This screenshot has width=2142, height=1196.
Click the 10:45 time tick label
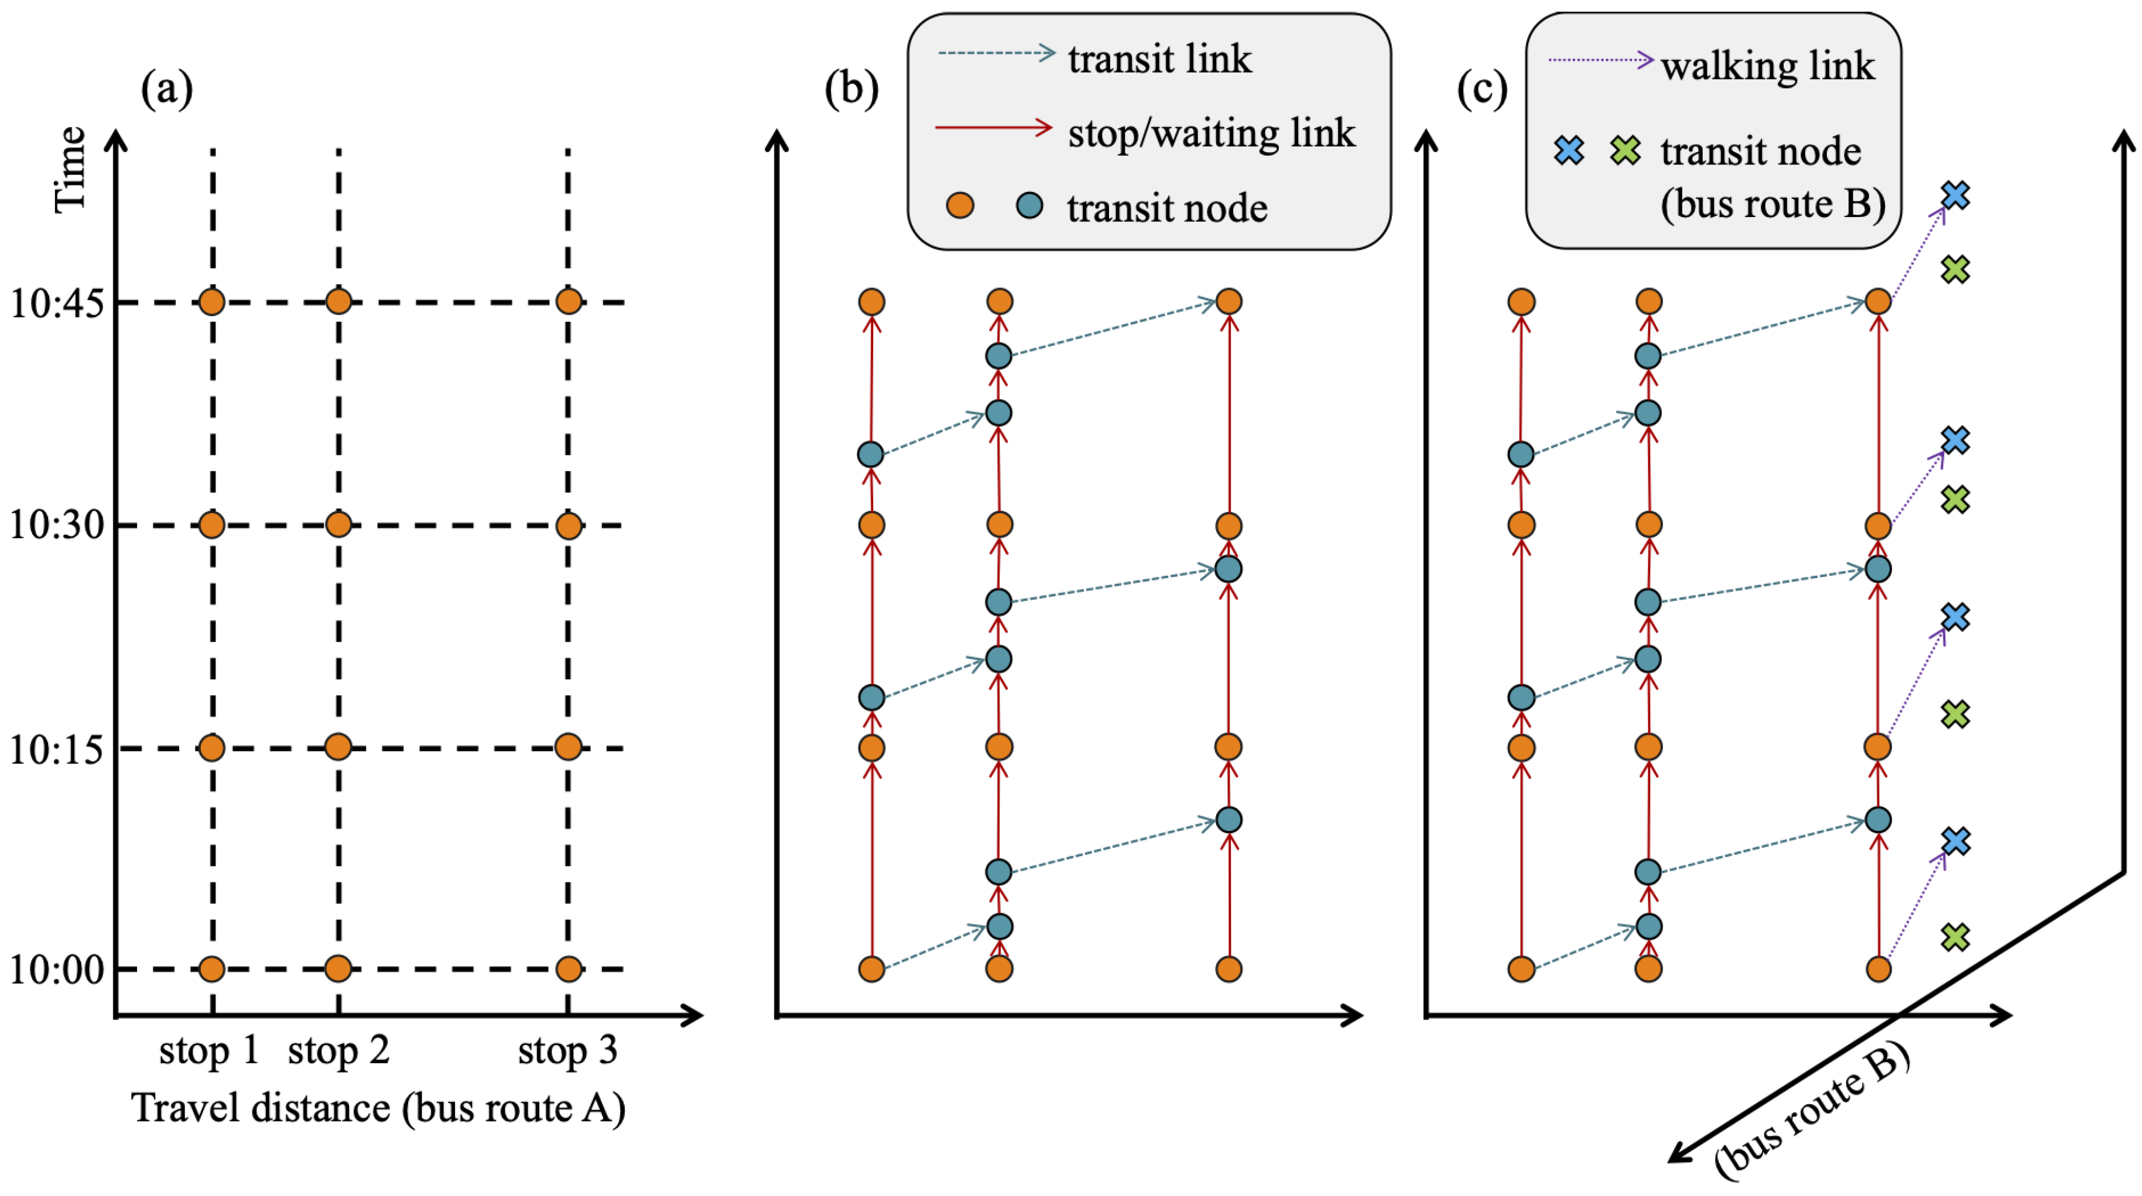[x=57, y=303]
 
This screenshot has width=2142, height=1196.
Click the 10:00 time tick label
[x=57, y=970]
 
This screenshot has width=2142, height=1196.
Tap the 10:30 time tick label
[x=57, y=525]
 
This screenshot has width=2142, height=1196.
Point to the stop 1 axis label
[x=208, y=1050]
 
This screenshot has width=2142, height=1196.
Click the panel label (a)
[x=166, y=88]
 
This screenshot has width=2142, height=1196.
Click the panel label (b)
[x=851, y=88]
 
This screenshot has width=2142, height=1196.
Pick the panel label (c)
[x=1481, y=88]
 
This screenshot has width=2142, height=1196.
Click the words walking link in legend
[x=1768, y=66]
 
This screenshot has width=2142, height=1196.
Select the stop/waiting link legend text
[x=1211, y=133]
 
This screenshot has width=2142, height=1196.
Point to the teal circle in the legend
[x=1029, y=205]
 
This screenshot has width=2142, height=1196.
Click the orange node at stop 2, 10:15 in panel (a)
[x=338, y=747]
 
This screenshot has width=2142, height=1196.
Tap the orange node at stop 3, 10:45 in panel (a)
[x=568, y=302]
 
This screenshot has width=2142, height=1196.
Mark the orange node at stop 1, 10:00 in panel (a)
[x=212, y=969]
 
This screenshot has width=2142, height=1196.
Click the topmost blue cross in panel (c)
[x=1955, y=195]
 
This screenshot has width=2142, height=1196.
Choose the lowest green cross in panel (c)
[x=1955, y=937]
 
